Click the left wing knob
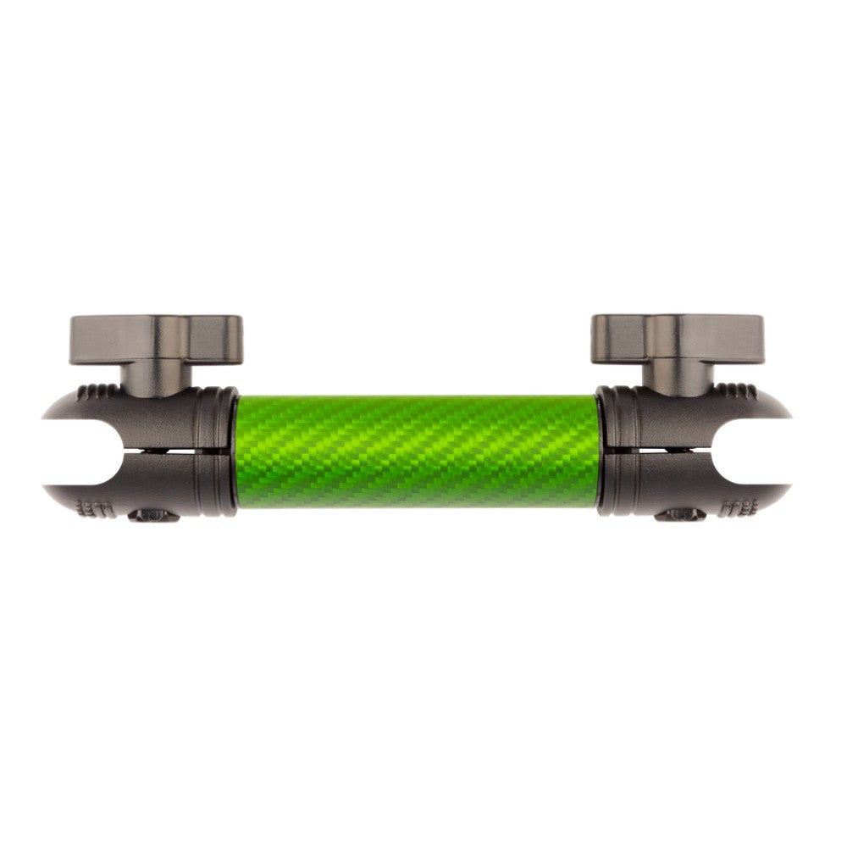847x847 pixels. pyautogui.click(x=156, y=337)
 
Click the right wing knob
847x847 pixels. pyautogui.click(x=678, y=337)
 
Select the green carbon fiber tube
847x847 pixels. pyautogui.click(x=417, y=451)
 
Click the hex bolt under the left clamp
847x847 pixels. pyautogui.click(x=152, y=514)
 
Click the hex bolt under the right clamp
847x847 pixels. pyautogui.click(x=680, y=514)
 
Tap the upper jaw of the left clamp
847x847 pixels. pyautogui.click(x=127, y=415)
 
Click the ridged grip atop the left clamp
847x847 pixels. pyautogui.click(x=97, y=391)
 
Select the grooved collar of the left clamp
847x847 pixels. pyautogui.click(x=222, y=451)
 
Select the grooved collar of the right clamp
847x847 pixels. pyautogui.click(x=612, y=451)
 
